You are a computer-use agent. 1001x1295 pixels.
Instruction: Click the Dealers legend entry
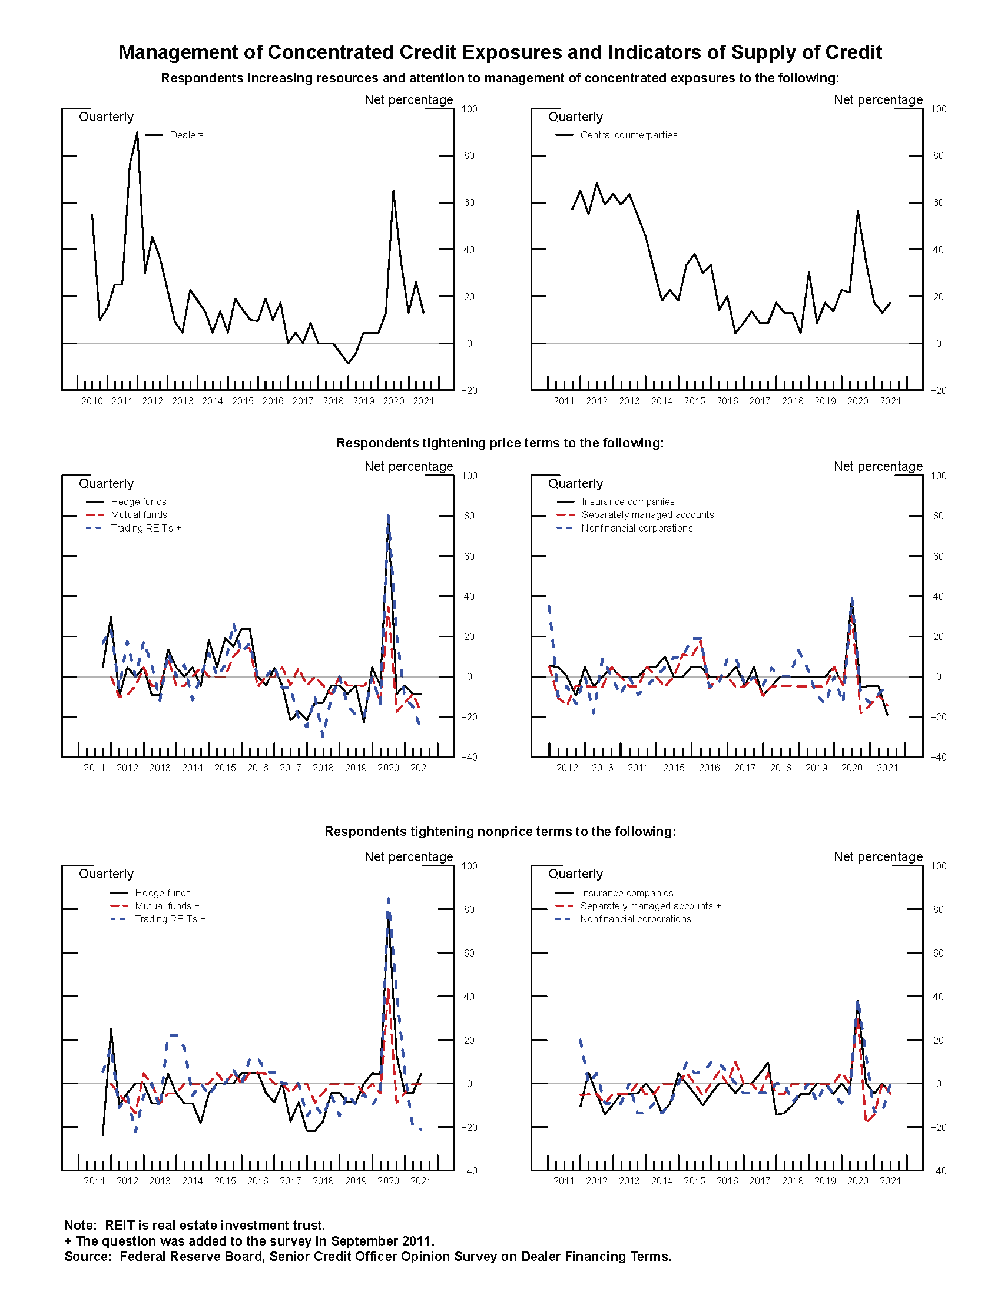[186, 135]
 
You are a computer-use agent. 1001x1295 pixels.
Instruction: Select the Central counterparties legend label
[628, 135]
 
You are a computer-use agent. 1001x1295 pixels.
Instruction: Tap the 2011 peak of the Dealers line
[137, 133]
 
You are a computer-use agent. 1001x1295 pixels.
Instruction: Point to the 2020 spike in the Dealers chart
[393, 191]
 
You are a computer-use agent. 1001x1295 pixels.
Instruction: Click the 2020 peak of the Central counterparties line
[857, 211]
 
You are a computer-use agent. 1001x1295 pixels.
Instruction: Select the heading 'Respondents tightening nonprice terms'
[500, 831]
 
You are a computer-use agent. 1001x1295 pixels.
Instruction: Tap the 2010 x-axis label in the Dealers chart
[92, 401]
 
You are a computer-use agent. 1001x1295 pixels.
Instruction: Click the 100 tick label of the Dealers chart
[469, 109]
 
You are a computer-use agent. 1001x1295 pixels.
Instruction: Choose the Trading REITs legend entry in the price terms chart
[145, 529]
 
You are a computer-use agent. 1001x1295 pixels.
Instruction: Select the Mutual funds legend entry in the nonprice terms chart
[167, 906]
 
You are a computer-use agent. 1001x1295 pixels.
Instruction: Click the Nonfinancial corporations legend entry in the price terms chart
[637, 529]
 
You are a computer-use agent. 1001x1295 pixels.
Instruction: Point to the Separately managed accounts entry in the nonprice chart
[650, 906]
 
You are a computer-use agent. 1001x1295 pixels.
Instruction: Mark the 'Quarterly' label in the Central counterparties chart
[575, 117]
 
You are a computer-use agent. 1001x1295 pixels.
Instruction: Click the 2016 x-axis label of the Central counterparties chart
[727, 401]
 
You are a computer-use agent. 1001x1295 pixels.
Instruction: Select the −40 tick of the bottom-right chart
[937, 1171]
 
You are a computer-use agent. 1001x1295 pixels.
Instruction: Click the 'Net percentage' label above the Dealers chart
[409, 99]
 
